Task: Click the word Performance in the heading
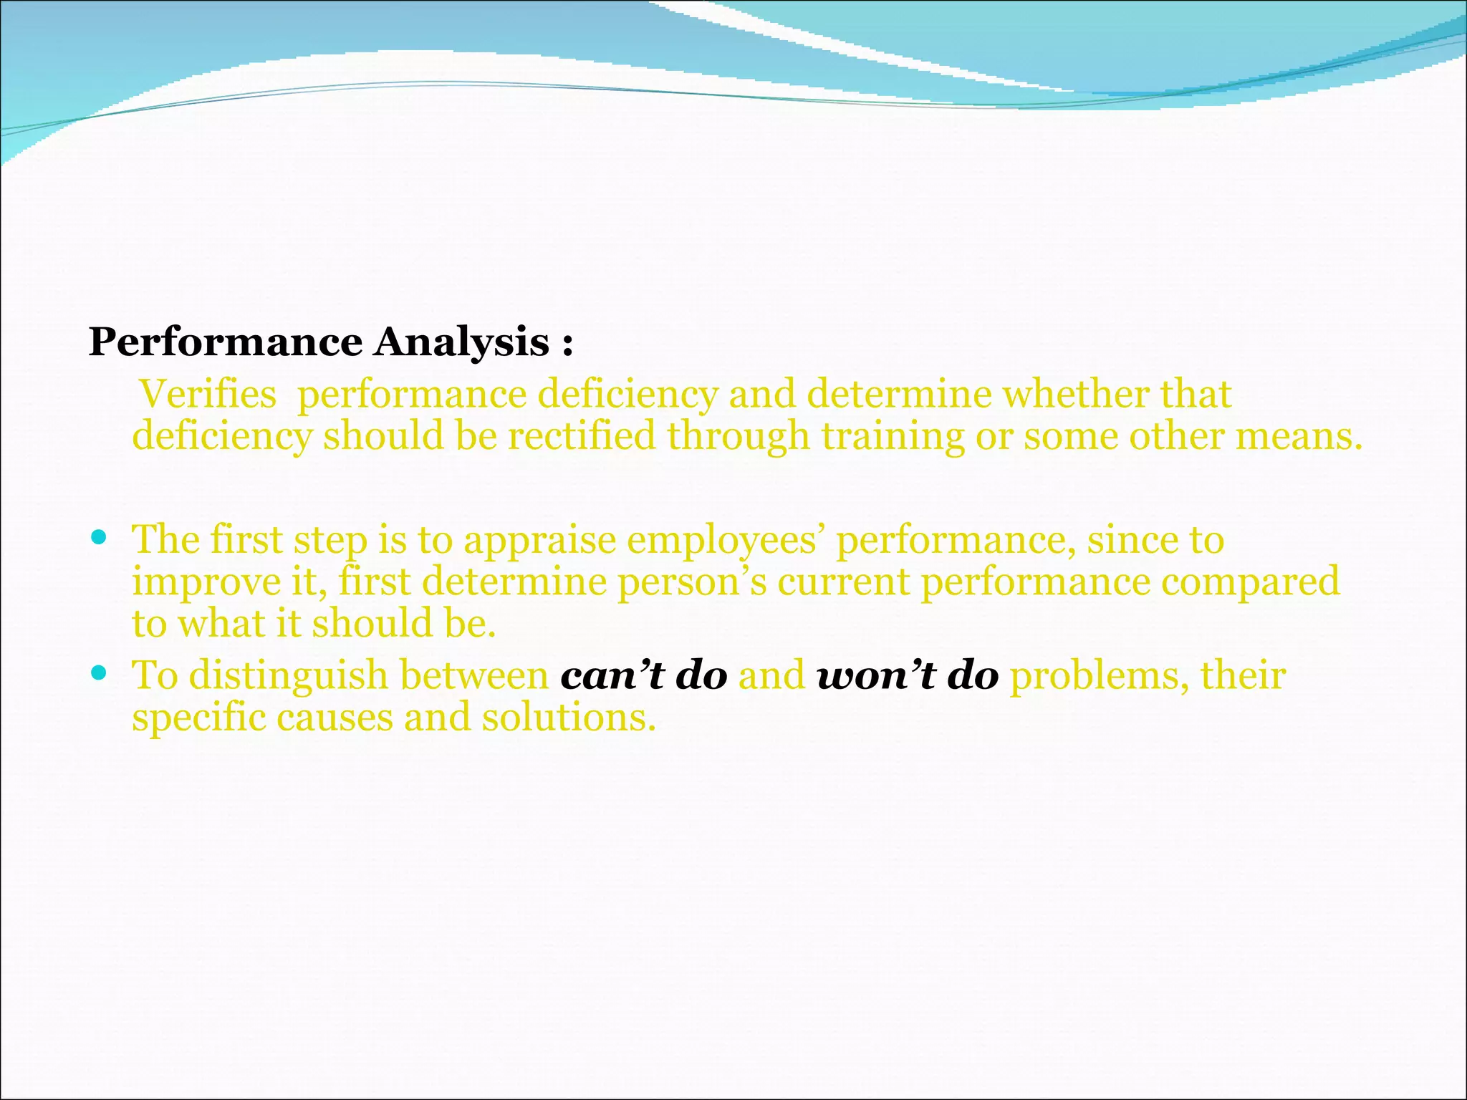pyautogui.click(x=226, y=343)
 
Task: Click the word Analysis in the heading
pyautogui.click(x=461, y=343)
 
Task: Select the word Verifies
pyautogui.click(x=208, y=395)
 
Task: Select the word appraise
pyautogui.click(x=539, y=541)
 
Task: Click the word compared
pyautogui.click(x=1250, y=582)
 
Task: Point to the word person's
pyautogui.click(x=692, y=582)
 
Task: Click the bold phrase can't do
pyautogui.click(x=643, y=675)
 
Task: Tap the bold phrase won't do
pyautogui.click(x=908, y=675)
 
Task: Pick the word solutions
pyautogui.click(x=569, y=718)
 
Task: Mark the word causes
pyautogui.click(x=335, y=718)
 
